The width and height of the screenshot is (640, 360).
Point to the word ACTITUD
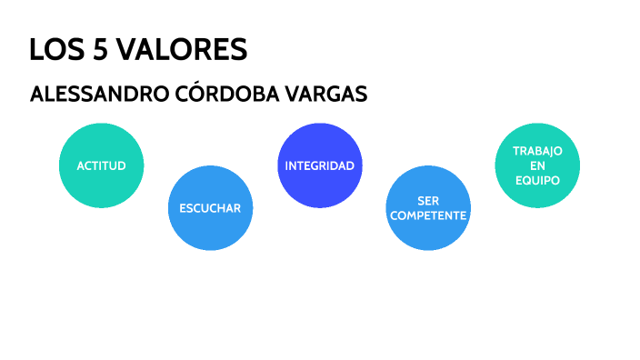click(101, 166)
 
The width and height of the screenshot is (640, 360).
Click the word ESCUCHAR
click(210, 208)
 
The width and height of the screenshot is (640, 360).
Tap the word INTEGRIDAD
click(319, 166)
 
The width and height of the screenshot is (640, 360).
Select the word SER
click(428, 200)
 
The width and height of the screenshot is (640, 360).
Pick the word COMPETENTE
click(428, 215)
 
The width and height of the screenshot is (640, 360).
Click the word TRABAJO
click(537, 151)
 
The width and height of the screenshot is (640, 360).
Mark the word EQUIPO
click(537, 180)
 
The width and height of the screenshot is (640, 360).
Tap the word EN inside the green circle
click(537, 165)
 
